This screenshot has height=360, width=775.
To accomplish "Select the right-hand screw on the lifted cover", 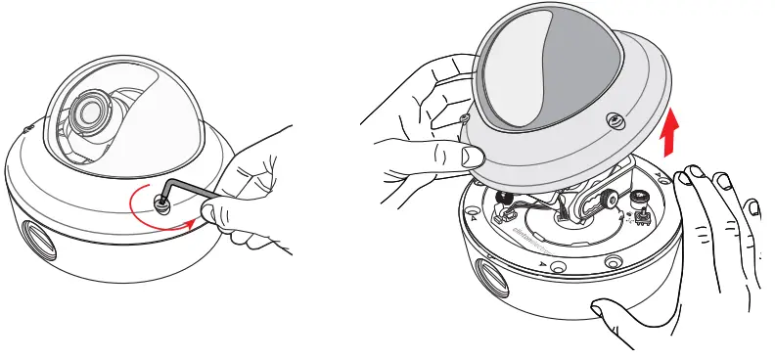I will point(614,120).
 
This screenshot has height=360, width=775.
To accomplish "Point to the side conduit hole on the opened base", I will point(488,271).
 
